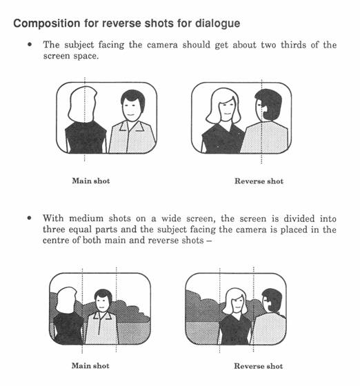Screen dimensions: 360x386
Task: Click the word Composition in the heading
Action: pos(47,23)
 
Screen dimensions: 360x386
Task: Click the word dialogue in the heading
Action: pos(218,23)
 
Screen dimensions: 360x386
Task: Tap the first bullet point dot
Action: pos(30,45)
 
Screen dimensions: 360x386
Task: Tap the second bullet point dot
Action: pos(30,218)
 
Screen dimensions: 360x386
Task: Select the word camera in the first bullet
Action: pos(162,45)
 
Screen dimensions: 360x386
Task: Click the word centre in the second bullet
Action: pos(56,240)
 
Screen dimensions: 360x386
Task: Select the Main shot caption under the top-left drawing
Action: pos(91,181)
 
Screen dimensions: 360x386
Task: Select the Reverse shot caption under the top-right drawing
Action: pos(259,181)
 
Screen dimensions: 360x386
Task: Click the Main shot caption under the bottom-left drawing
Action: pos(90,366)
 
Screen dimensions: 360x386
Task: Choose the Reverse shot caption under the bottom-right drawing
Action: pos(259,366)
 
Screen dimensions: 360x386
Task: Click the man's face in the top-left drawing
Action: pos(132,110)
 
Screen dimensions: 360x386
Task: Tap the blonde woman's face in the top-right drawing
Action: pos(226,108)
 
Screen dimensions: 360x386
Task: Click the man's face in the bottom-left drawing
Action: pos(103,304)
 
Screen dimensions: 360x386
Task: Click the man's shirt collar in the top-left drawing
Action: pos(132,126)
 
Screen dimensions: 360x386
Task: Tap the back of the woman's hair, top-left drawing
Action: pos(83,104)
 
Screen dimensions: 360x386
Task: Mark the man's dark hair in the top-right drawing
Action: pos(270,103)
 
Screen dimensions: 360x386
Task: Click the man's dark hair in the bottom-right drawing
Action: pos(273,299)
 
